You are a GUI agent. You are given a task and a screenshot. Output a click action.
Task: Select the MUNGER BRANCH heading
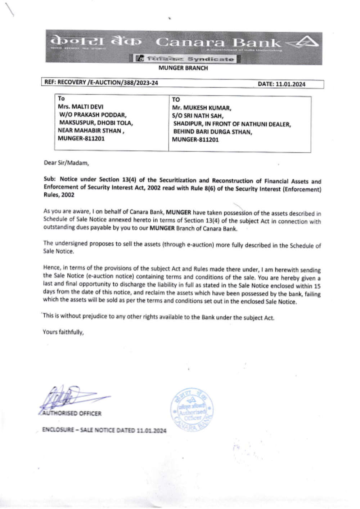[x=183, y=68]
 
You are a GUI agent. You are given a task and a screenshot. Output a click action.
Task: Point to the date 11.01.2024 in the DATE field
[x=291, y=84]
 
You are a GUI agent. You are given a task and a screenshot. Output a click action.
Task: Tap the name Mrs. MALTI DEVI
[x=81, y=107]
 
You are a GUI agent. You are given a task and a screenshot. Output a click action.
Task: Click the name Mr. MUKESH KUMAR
[x=202, y=108]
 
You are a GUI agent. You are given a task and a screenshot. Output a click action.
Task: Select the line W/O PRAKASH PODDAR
[x=93, y=115]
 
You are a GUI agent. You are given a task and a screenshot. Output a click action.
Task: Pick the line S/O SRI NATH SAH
[x=198, y=116]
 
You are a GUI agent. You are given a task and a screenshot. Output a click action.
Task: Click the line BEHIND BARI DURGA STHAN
[x=212, y=132]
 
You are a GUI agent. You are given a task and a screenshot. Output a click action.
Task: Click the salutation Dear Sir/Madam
[x=66, y=163]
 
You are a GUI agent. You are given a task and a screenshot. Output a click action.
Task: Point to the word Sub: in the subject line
[x=50, y=179]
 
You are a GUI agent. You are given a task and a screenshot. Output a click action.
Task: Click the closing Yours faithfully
[x=63, y=332]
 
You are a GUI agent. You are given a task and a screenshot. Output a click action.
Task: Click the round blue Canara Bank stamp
[x=192, y=410]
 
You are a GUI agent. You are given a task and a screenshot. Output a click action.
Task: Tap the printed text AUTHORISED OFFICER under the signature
[x=72, y=413]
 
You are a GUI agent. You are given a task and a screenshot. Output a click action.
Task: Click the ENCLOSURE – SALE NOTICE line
[x=104, y=430]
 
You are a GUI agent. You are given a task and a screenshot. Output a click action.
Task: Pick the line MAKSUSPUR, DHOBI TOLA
[x=96, y=123]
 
